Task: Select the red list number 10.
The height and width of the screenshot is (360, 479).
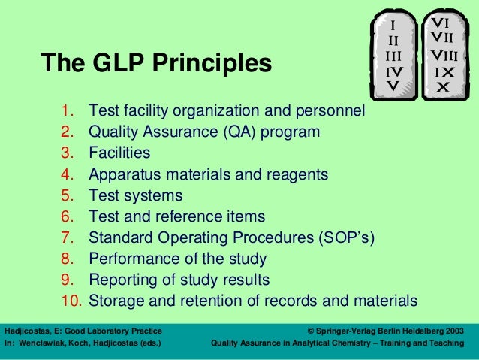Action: [71, 301]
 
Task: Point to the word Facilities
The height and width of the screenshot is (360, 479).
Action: [119, 153]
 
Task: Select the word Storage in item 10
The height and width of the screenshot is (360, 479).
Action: [116, 301]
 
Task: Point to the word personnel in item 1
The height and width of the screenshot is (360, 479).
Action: [330, 112]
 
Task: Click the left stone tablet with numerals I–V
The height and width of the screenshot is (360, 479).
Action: [393, 56]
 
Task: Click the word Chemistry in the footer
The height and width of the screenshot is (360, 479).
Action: [336, 343]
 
